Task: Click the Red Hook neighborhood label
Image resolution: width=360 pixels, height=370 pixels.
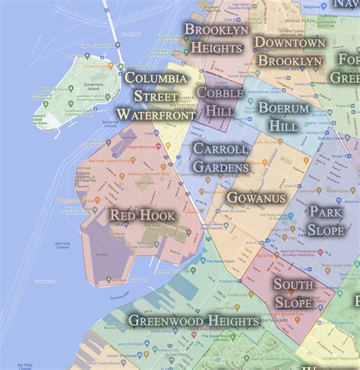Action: pos(143,216)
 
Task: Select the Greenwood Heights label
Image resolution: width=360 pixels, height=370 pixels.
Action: pos(194,321)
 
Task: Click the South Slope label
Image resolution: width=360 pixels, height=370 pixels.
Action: pos(292,293)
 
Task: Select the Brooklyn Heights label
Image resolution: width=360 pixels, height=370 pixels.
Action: pos(216,38)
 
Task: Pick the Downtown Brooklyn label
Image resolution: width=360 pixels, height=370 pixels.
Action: pos(289,52)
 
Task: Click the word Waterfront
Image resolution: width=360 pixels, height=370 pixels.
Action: pos(156,113)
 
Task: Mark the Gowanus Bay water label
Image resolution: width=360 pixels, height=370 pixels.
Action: pos(119,297)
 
